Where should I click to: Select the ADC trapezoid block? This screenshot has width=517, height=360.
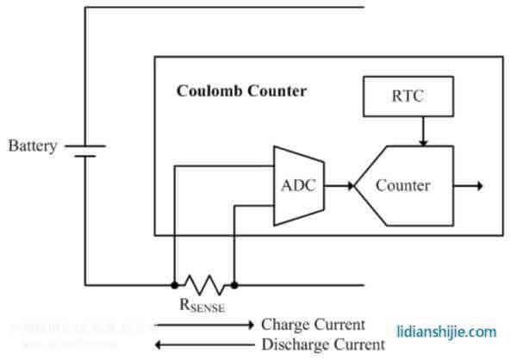298,185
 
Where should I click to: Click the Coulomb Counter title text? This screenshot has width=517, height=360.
241,90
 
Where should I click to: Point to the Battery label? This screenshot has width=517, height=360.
32,146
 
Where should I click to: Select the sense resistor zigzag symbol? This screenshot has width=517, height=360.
203,283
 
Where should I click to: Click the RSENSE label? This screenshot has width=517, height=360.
203,303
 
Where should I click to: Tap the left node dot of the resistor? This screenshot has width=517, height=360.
173,283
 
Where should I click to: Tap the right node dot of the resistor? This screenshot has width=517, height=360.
234,283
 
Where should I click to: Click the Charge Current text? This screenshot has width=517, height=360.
313,326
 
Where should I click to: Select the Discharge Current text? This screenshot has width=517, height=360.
322,344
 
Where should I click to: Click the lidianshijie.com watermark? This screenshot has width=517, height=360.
446,331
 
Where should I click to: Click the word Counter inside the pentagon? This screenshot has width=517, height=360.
402,185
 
